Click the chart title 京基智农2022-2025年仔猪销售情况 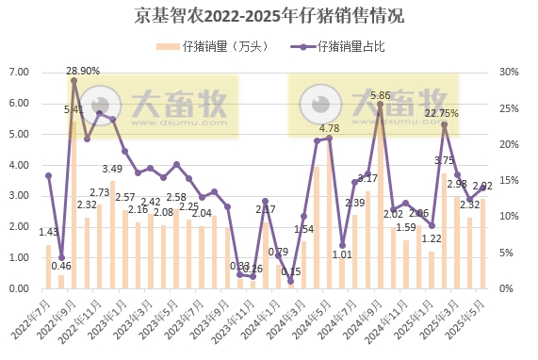click(x=269, y=15)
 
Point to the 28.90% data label click(x=83, y=70)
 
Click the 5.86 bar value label click(x=381, y=95)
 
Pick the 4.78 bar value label click(x=329, y=128)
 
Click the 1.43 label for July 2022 click(x=48, y=231)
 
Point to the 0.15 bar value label click(x=291, y=271)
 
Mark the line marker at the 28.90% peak click(x=73, y=80)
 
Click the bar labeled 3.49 click(x=112, y=235)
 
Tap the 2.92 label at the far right click(x=482, y=186)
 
